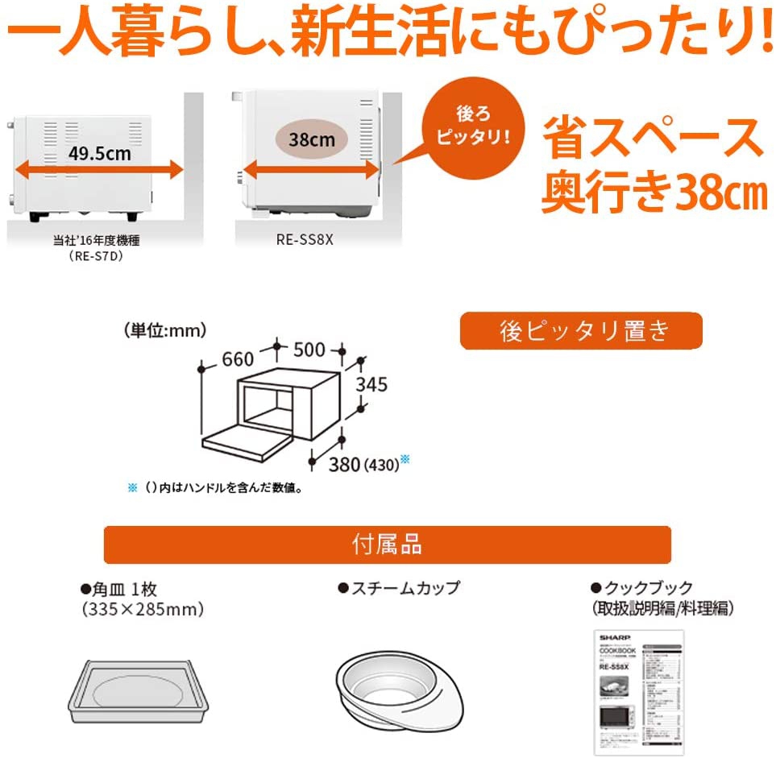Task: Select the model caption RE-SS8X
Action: click(310, 239)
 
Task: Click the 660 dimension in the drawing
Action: click(239, 360)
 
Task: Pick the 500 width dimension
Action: click(309, 350)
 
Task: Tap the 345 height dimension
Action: click(371, 384)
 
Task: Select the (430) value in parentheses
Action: click(380, 465)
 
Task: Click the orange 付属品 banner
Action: click(387, 545)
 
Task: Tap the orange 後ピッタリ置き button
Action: click(580, 331)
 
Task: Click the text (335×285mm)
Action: click(143, 610)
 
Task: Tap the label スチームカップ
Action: click(404, 589)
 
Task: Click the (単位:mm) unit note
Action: click(165, 329)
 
